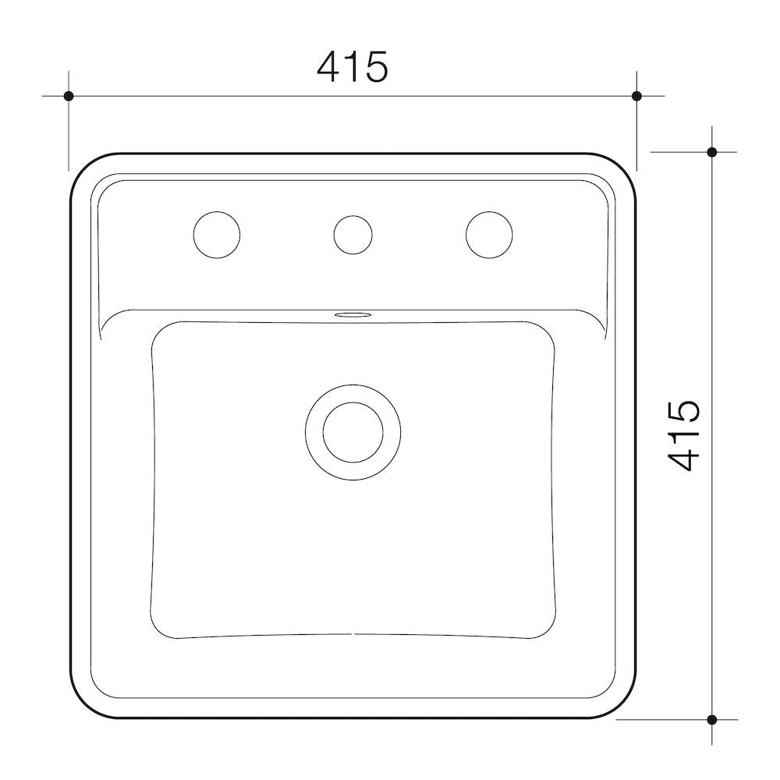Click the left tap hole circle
click(216, 234)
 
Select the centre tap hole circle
click(353, 234)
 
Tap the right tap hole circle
click(490, 234)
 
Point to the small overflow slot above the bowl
click(353, 315)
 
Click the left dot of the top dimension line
click(69, 96)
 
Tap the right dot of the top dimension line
click(636, 96)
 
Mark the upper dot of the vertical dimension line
click(711, 152)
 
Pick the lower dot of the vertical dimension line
click(711, 718)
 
